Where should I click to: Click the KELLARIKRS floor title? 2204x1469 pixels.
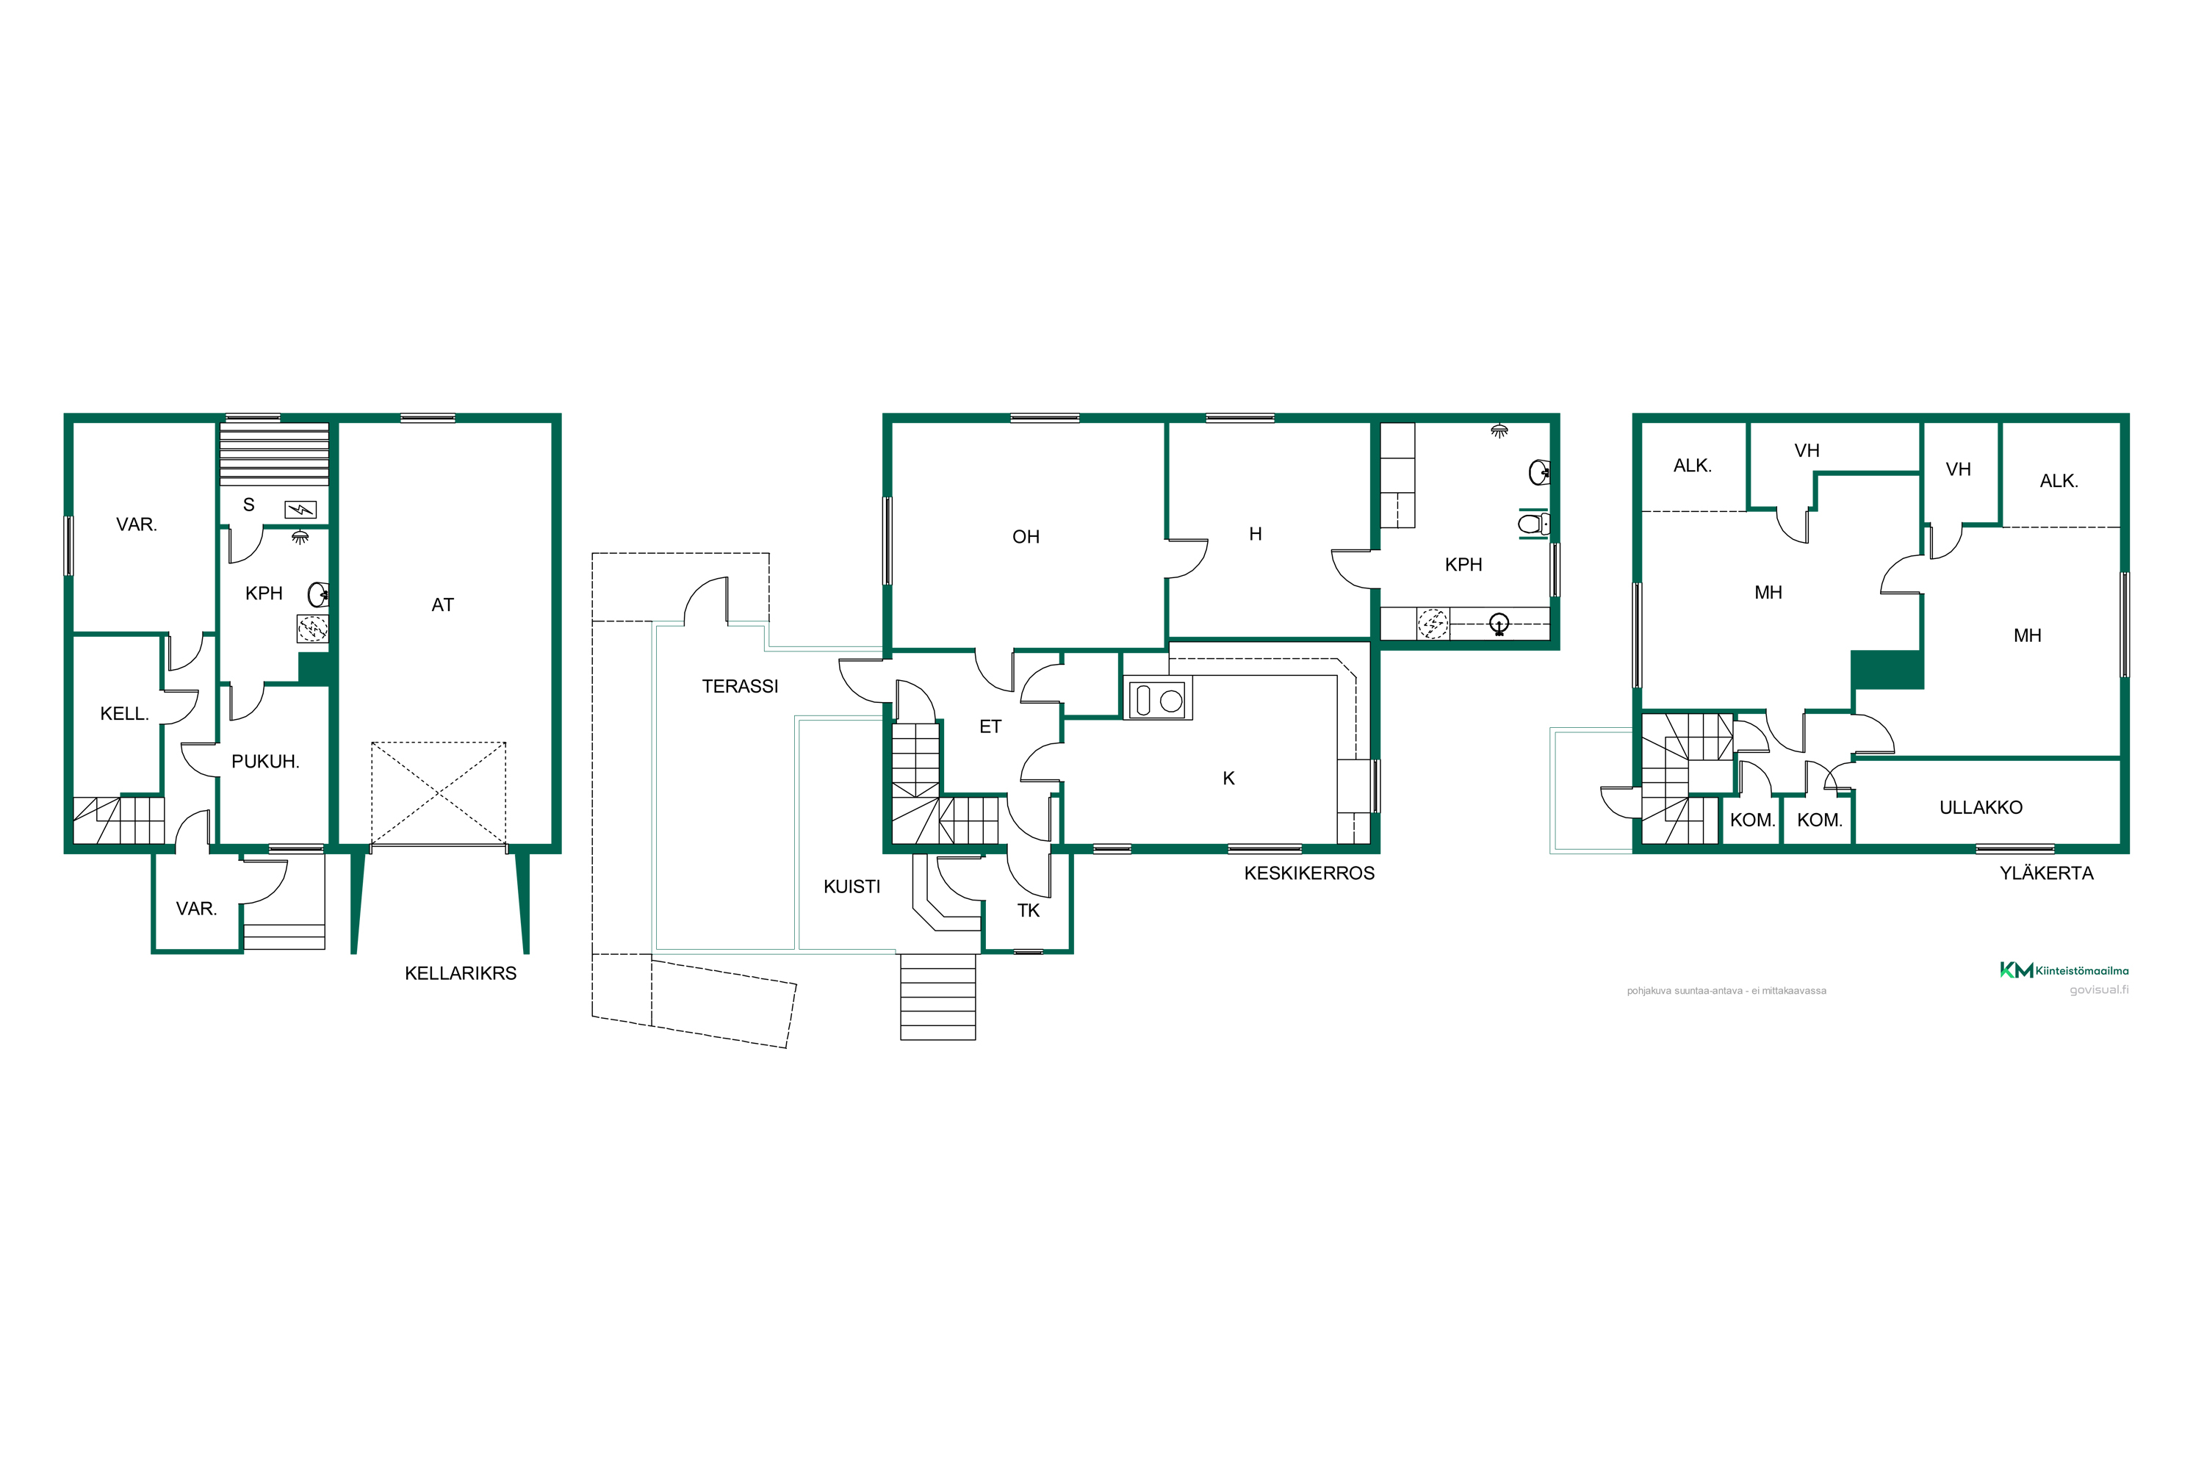[x=460, y=973]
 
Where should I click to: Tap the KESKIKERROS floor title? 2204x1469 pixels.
[x=1309, y=873]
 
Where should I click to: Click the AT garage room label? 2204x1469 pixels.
[x=442, y=605]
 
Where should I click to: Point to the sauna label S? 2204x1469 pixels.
[x=248, y=505]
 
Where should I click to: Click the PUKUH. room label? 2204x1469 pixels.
[x=265, y=762]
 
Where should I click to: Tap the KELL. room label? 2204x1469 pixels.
[x=125, y=714]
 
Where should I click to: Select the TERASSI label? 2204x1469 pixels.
[x=741, y=687]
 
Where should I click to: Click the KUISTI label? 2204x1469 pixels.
[x=851, y=887]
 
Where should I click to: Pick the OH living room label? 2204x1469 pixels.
[x=1026, y=537]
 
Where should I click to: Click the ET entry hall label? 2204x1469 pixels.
[x=990, y=727]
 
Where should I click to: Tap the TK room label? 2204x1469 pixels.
[x=1029, y=911]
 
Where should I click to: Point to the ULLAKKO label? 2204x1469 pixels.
[x=1981, y=807]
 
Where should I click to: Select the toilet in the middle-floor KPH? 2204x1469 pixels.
[x=1534, y=524]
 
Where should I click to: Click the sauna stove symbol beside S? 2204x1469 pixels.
[x=300, y=510]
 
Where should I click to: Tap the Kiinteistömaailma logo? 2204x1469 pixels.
[x=2064, y=970]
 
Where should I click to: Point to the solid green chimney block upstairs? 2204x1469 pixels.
[x=1887, y=670]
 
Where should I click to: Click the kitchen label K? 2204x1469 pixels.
[x=1228, y=779]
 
